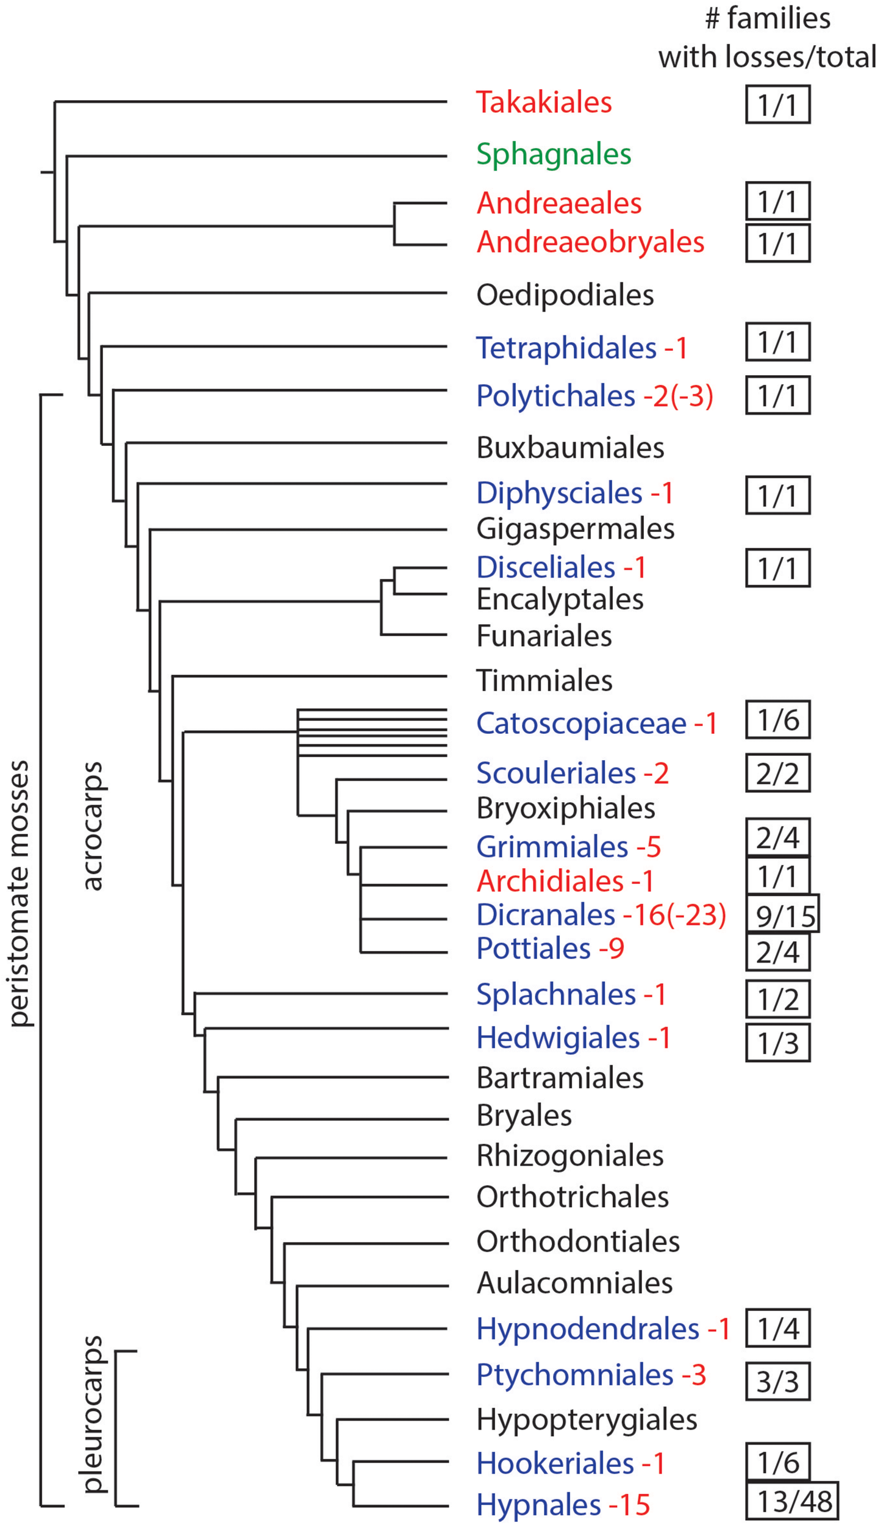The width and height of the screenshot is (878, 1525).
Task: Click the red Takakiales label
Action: pyautogui.click(x=543, y=102)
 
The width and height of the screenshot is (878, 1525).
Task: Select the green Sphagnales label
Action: pyautogui.click(x=553, y=154)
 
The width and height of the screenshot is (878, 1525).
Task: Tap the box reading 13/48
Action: pyautogui.click(x=791, y=1501)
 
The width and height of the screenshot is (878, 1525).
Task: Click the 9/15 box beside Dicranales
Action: pyautogui.click(x=783, y=915)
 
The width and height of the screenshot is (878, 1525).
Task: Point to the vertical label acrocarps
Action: pyautogui.click(x=93, y=827)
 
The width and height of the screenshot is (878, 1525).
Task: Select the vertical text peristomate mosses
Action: pyautogui.click(x=20, y=894)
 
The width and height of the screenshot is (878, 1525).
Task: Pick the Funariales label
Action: pyautogui.click(x=544, y=636)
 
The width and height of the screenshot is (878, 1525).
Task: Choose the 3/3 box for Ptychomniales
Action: pyautogui.click(x=777, y=1381)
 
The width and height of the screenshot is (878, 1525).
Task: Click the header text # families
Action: pyautogui.click(x=767, y=18)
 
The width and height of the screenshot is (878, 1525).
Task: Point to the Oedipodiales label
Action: pyautogui.click(x=565, y=295)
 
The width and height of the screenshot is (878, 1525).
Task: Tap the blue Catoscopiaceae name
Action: pyautogui.click(x=581, y=724)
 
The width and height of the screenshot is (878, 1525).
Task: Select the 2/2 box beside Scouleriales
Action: pyautogui.click(x=777, y=773)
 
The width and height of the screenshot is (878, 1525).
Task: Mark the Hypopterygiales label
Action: pyautogui.click(x=587, y=1419)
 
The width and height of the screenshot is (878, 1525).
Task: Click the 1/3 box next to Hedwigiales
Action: pyautogui.click(x=777, y=1043)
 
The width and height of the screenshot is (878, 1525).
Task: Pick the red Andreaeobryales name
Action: pyautogui.click(x=590, y=243)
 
